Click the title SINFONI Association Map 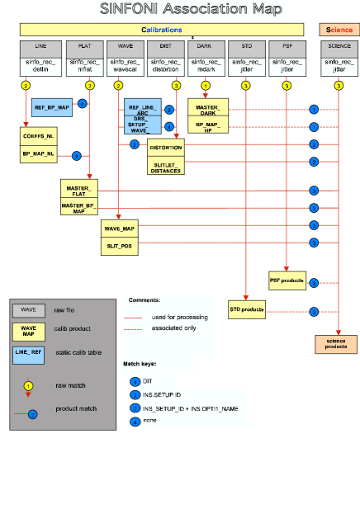click(191, 10)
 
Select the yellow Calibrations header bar click(166, 30)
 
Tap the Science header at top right click(339, 30)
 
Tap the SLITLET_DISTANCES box click(165, 167)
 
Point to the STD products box click(247, 311)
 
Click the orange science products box click(336, 344)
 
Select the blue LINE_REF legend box click(29, 352)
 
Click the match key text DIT click(147, 382)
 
